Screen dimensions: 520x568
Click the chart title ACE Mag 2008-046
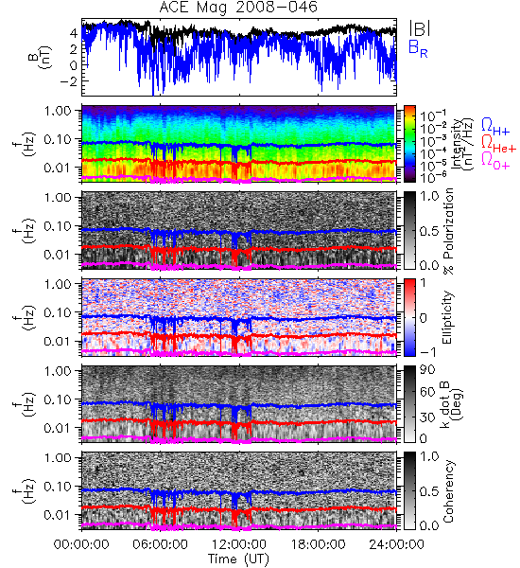tap(238, 8)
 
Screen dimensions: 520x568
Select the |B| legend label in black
tap(420, 28)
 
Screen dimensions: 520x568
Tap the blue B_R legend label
tap(419, 48)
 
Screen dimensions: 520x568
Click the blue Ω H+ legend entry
tap(495, 127)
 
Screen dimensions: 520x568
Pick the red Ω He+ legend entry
tap(498, 144)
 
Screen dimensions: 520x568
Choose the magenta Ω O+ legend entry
tap(495, 161)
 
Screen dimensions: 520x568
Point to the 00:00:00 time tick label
tap(81, 544)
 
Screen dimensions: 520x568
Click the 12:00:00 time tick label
tap(239, 544)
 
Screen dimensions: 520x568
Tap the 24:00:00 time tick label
tap(396, 544)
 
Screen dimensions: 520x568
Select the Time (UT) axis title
tap(238, 559)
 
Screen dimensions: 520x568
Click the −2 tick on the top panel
tap(69, 81)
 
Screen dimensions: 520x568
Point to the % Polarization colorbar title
tap(448, 231)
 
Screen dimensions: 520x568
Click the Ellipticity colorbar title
tap(447, 317)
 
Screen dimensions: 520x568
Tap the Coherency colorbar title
tap(448, 491)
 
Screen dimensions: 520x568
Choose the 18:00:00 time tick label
tap(318, 544)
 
